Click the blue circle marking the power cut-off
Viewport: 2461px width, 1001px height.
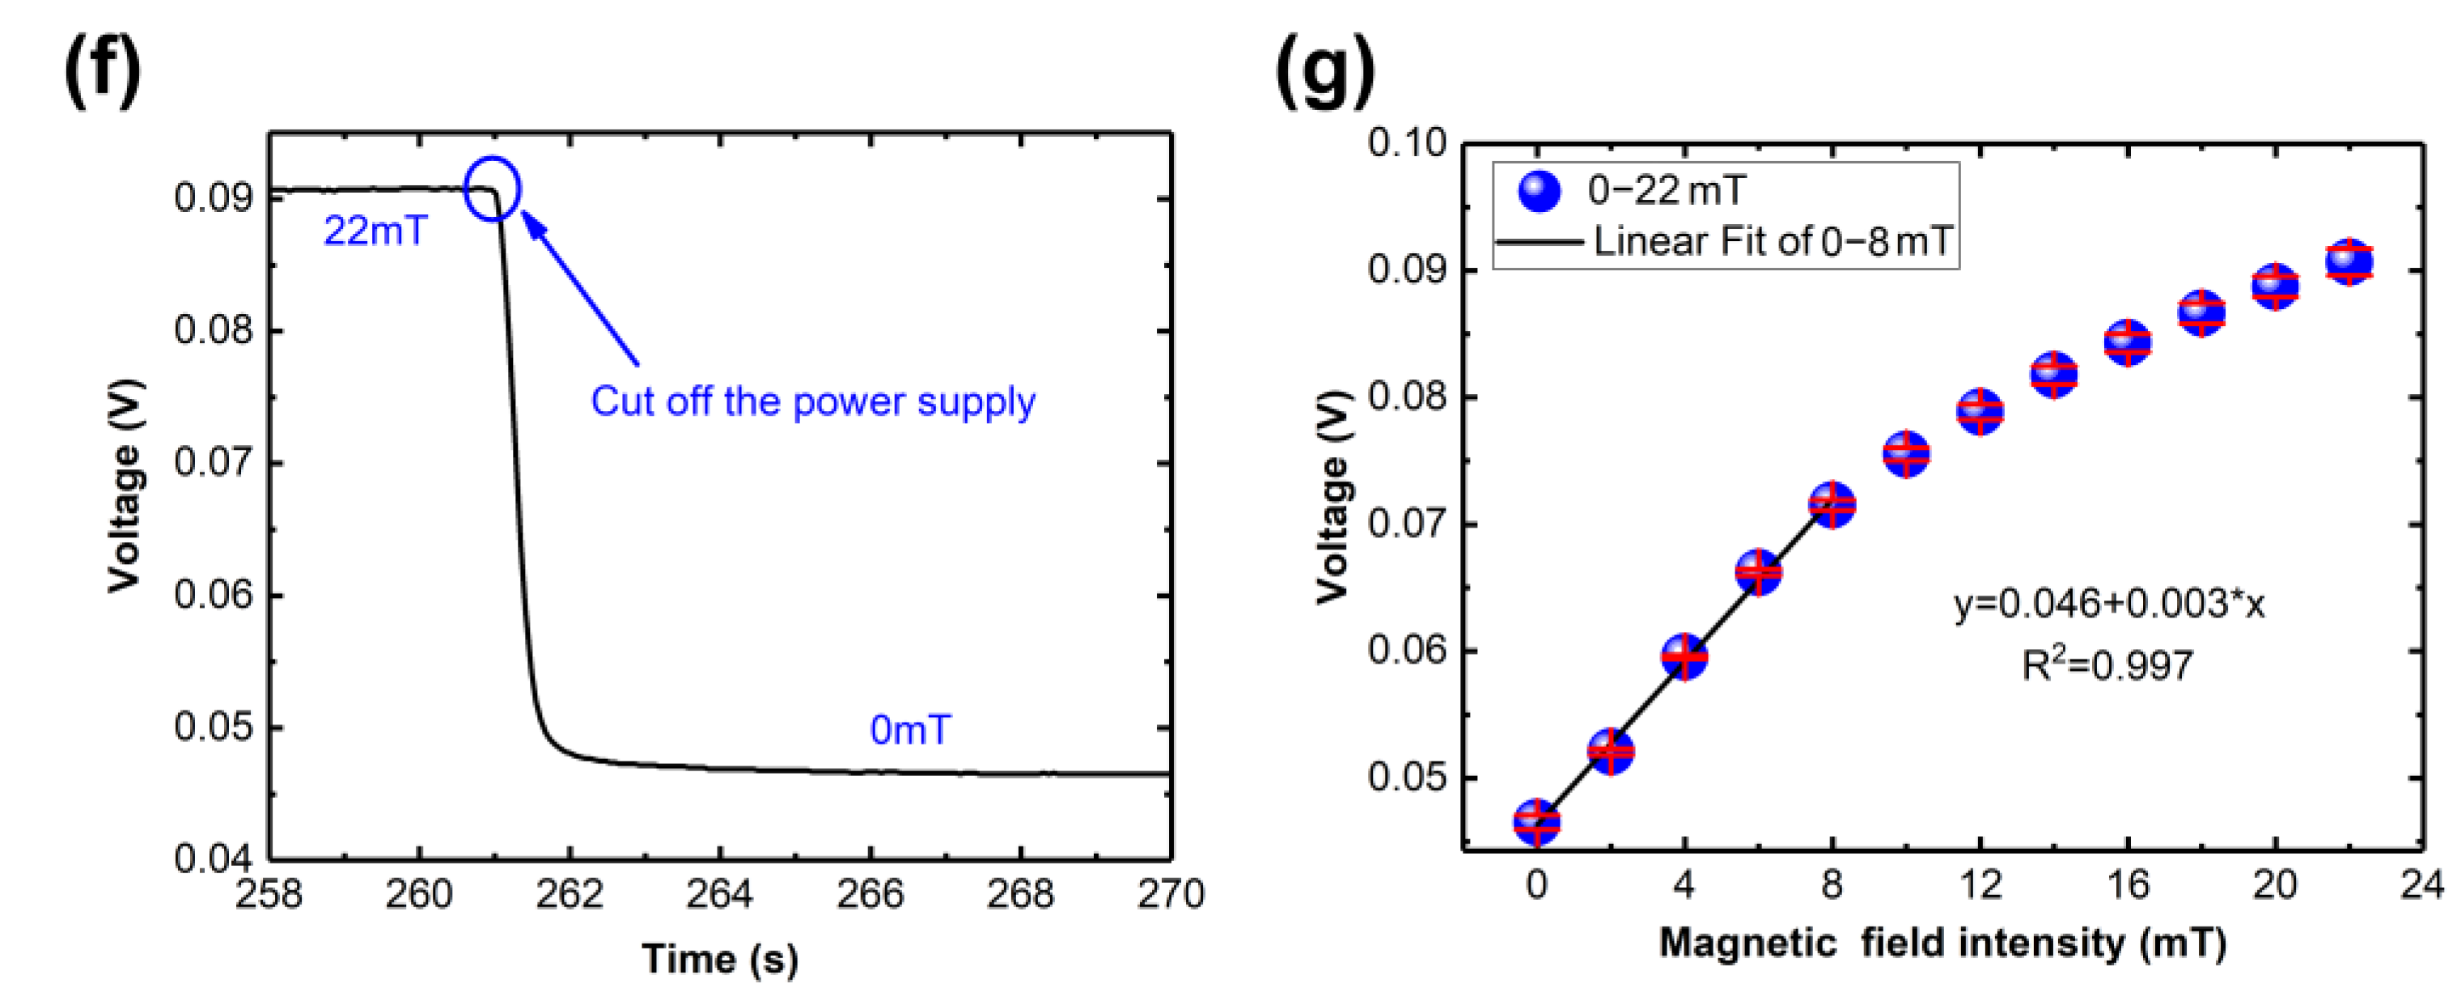click(492, 189)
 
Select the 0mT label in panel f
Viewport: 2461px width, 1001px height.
click(909, 731)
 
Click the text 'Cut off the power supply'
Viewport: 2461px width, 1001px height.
click(812, 401)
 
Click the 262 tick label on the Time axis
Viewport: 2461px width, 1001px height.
click(570, 895)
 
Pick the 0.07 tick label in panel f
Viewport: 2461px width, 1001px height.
click(213, 463)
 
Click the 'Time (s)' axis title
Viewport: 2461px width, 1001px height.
click(719, 959)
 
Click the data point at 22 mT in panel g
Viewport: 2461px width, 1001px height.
click(2349, 261)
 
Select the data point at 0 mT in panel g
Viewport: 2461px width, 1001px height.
click(1536, 821)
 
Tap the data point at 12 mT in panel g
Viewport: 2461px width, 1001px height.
click(1980, 412)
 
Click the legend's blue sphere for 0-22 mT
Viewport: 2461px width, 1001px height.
click(1539, 190)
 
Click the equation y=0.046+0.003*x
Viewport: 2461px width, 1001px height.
click(2108, 604)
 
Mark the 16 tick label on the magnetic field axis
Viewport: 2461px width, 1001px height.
click(2128, 885)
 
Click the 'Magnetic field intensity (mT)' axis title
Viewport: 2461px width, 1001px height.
click(1942, 944)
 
